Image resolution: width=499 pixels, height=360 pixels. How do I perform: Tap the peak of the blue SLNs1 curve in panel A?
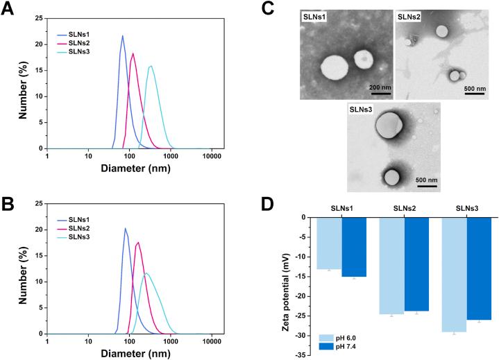click(x=123, y=36)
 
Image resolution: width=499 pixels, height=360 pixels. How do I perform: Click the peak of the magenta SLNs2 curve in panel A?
click(x=133, y=53)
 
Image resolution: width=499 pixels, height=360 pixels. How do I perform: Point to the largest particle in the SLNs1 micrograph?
click(x=335, y=70)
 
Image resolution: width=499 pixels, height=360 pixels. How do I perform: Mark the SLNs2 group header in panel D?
click(x=404, y=209)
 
